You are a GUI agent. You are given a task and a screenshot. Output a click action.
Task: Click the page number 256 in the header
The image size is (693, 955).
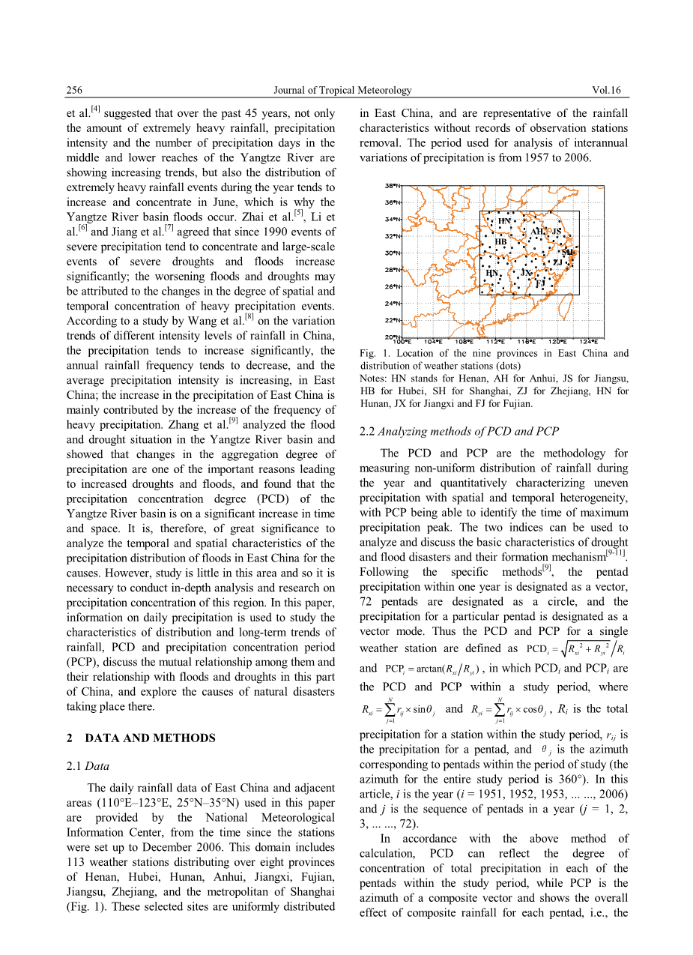coord(74,91)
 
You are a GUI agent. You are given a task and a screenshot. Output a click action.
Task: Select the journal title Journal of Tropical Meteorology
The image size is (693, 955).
coord(342,91)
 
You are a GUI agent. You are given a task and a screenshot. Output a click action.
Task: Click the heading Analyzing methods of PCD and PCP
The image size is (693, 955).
coord(468,430)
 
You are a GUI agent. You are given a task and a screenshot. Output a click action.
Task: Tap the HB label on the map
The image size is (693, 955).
coord(501,242)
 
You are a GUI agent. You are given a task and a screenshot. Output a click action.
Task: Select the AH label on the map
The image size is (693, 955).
coord(537,232)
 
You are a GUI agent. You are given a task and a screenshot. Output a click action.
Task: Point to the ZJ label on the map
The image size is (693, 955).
coord(557,263)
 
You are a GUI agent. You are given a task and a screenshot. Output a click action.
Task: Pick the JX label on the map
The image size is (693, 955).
coord(527,273)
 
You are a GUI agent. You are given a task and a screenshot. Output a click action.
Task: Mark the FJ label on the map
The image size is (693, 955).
coord(540,284)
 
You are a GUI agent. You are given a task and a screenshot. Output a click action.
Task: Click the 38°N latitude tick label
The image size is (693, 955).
coord(392,185)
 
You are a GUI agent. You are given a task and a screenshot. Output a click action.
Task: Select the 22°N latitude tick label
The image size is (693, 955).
coord(392,320)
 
